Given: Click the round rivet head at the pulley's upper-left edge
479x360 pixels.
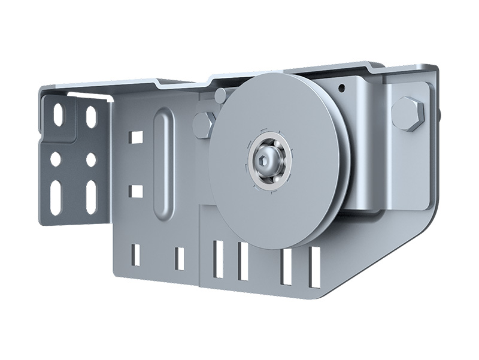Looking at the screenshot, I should [x=220, y=94].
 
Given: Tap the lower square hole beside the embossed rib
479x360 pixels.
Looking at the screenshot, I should [x=136, y=191].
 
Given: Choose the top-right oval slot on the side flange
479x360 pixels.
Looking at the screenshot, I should [x=91, y=116].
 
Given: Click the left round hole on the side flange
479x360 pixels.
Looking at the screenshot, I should [x=56, y=159].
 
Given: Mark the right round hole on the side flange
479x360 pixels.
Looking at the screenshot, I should [x=91, y=159].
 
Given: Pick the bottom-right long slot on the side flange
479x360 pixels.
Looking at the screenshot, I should [x=92, y=196].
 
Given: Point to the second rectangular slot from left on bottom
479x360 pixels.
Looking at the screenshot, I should [x=179, y=258].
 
